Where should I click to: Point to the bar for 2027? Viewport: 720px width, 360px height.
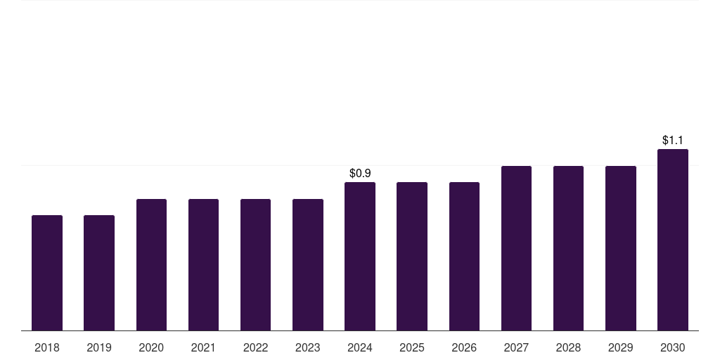(x=516, y=248)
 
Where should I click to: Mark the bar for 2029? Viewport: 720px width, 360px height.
(x=621, y=248)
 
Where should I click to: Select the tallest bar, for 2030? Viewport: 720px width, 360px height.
(x=673, y=240)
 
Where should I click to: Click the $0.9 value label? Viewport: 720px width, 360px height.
(x=360, y=173)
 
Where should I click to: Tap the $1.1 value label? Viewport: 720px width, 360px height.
(x=673, y=140)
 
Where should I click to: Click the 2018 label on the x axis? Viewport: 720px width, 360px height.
(x=47, y=347)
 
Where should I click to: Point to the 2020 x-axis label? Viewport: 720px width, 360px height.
(x=151, y=347)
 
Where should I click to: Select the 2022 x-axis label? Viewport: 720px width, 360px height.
(x=256, y=347)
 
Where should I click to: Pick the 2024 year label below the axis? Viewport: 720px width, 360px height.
(x=360, y=347)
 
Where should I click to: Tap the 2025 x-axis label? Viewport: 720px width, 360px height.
(x=412, y=347)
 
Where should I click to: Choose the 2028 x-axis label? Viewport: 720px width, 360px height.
(x=568, y=347)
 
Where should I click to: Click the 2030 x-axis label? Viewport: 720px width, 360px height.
(x=673, y=347)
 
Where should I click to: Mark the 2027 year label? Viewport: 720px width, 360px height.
(x=516, y=347)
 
